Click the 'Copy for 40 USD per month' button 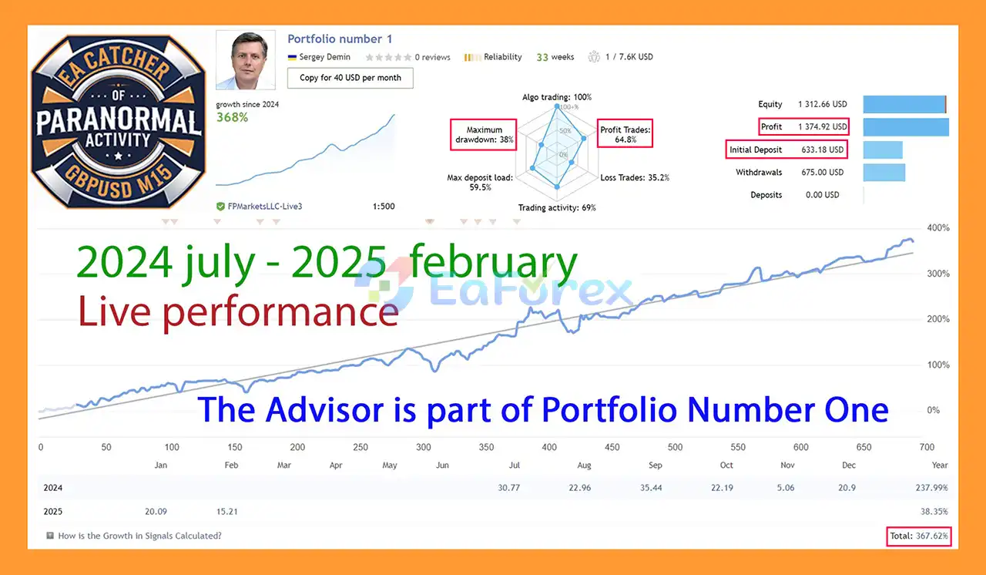(x=350, y=78)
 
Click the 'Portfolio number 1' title (x=340, y=39)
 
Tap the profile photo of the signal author (x=246, y=60)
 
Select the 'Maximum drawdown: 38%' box (x=483, y=135)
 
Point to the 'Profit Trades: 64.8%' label (x=625, y=134)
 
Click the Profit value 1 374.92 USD (x=822, y=127)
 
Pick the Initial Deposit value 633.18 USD (x=822, y=150)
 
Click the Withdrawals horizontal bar (x=884, y=173)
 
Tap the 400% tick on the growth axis (x=938, y=227)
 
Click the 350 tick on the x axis (x=486, y=447)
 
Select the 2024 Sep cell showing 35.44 (x=651, y=488)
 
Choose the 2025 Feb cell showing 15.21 (x=227, y=512)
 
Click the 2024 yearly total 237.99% (x=931, y=488)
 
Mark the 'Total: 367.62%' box (x=919, y=536)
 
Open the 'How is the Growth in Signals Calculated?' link (x=139, y=536)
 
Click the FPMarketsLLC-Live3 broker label (x=264, y=207)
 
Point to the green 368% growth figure (x=232, y=118)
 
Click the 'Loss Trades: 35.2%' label (x=635, y=178)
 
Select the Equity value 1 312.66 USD (x=822, y=104)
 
